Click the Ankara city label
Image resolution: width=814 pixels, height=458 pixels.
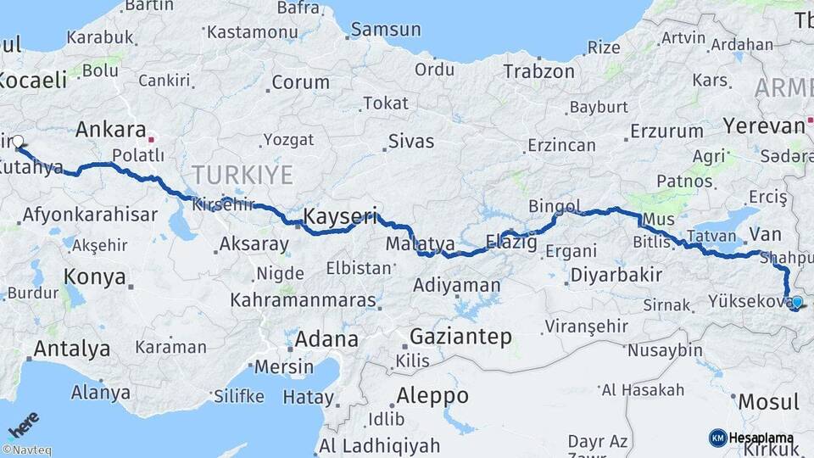pyautogui.click(x=110, y=130)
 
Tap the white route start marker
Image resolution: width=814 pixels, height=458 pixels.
pyautogui.click(x=18, y=142)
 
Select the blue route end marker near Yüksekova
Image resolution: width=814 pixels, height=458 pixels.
pyautogui.click(x=796, y=302)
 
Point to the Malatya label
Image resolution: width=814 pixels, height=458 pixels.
pyautogui.click(x=415, y=244)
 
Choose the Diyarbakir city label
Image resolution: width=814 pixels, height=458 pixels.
pyautogui.click(x=616, y=275)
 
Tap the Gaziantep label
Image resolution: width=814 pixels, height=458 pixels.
pyautogui.click(x=460, y=337)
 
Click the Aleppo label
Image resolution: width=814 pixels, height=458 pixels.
pyautogui.click(x=432, y=395)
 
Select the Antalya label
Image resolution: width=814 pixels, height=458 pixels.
pyautogui.click(x=72, y=348)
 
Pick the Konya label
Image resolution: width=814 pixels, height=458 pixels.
pyautogui.click(x=95, y=276)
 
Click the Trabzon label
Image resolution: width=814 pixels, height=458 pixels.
pyautogui.click(x=538, y=71)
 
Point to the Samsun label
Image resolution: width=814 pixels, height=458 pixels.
pyautogui.click(x=386, y=30)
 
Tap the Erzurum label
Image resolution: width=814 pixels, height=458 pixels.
pyautogui.click(x=666, y=131)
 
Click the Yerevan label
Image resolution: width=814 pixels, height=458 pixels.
pyautogui.click(x=763, y=126)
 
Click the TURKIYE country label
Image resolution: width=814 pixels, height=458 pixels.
pyautogui.click(x=242, y=175)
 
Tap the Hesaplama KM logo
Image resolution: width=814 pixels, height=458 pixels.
pyautogui.click(x=751, y=438)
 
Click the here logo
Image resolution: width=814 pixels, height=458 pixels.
pyautogui.click(x=23, y=423)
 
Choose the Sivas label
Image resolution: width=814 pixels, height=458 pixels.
pyautogui.click(x=411, y=141)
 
